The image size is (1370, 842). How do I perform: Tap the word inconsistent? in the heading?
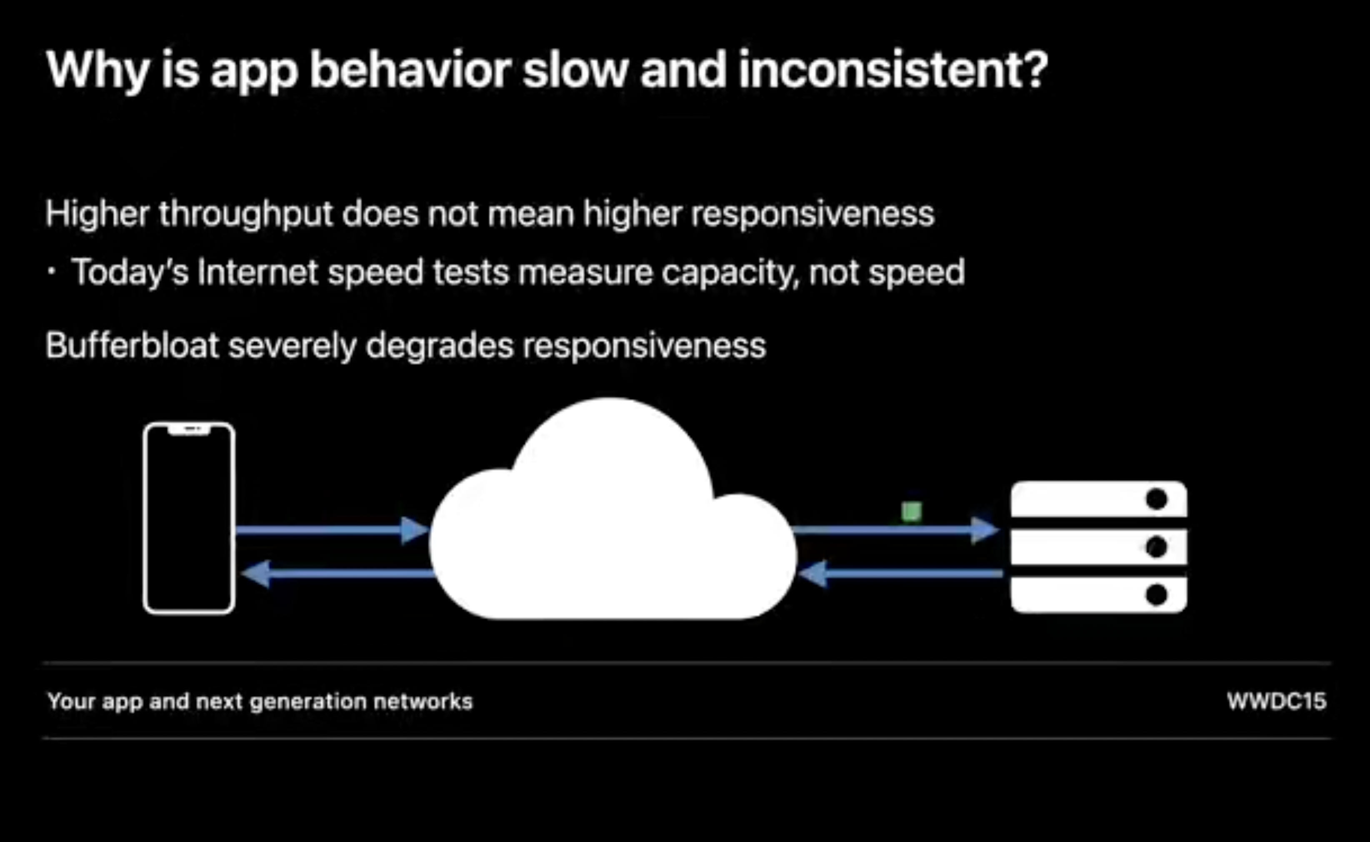tap(893, 69)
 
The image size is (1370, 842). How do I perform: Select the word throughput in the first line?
tap(245, 214)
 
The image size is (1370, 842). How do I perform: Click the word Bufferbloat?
tap(132, 345)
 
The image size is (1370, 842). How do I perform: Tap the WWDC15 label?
tap(1277, 701)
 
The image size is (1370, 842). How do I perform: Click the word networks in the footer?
tap(423, 701)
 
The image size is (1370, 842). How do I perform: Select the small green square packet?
tap(911, 511)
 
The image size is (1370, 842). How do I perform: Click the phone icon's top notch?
tap(189, 429)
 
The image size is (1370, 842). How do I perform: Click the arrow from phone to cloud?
tap(332, 530)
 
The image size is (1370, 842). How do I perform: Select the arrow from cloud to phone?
tap(338, 574)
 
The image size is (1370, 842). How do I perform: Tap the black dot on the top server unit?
tap(1156, 499)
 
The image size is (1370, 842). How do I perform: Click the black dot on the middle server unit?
tap(1156, 547)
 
